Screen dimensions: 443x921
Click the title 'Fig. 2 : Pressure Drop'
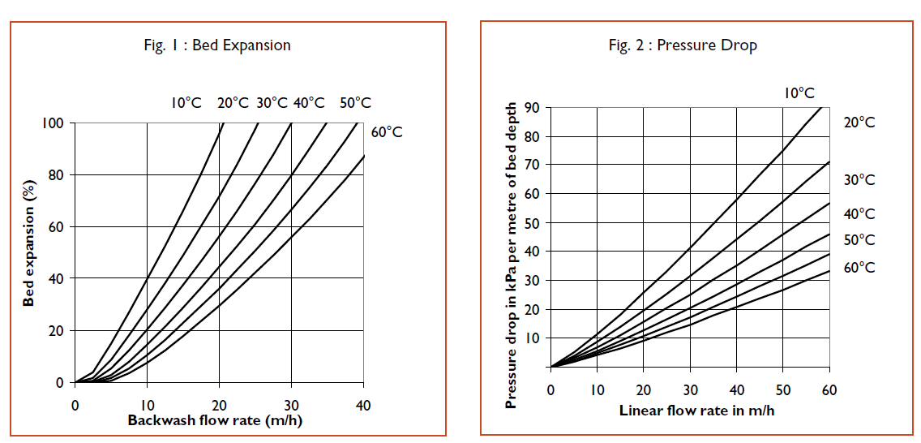pyautogui.click(x=683, y=45)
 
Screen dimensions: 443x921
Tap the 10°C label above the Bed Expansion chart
pyautogui.click(x=186, y=103)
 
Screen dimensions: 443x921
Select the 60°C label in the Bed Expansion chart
pyautogui.click(x=388, y=131)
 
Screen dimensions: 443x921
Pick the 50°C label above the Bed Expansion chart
pyautogui.click(x=355, y=103)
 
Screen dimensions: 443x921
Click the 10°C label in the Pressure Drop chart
pyautogui.click(x=799, y=93)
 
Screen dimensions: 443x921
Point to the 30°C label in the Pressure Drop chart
pyautogui.click(x=859, y=180)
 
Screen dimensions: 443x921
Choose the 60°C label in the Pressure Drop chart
pyautogui.click(x=859, y=268)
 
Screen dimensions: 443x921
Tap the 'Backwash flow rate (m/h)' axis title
pyautogui.click(x=216, y=420)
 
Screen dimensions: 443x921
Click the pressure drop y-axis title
pyautogui.click(x=511, y=256)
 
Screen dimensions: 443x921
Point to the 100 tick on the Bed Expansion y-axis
pyautogui.click(x=54, y=123)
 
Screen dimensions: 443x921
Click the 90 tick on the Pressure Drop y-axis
pyautogui.click(x=533, y=108)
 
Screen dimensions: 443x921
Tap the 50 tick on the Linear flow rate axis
pyautogui.click(x=782, y=390)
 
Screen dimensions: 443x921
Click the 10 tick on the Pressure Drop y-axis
pyautogui.click(x=533, y=338)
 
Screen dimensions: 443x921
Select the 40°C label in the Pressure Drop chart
pyautogui.click(x=859, y=214)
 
